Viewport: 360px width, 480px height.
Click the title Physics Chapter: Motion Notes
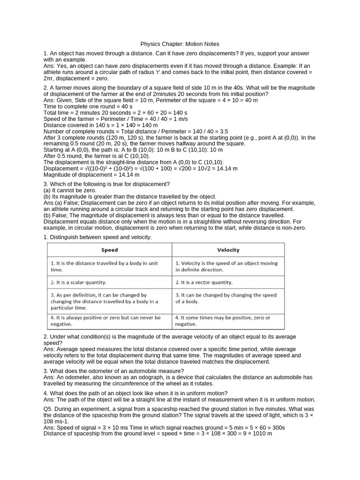coord(180,44)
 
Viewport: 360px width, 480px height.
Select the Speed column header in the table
coord(109,250)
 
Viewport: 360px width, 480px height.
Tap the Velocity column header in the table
coord(228,250)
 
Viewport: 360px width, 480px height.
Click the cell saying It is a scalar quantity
coord(79,282)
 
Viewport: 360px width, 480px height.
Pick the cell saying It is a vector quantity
coord(204,282)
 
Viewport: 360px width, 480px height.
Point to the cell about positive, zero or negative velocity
coord(223,321)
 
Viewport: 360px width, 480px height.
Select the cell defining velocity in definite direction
coord(226,266)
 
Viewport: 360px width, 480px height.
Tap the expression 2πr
coord(49,78)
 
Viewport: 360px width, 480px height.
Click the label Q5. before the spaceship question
coord(49,409)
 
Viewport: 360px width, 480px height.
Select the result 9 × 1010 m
coord(255,434)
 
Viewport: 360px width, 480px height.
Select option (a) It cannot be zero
coord(70,190)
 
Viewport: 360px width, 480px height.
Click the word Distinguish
coord(67,237)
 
